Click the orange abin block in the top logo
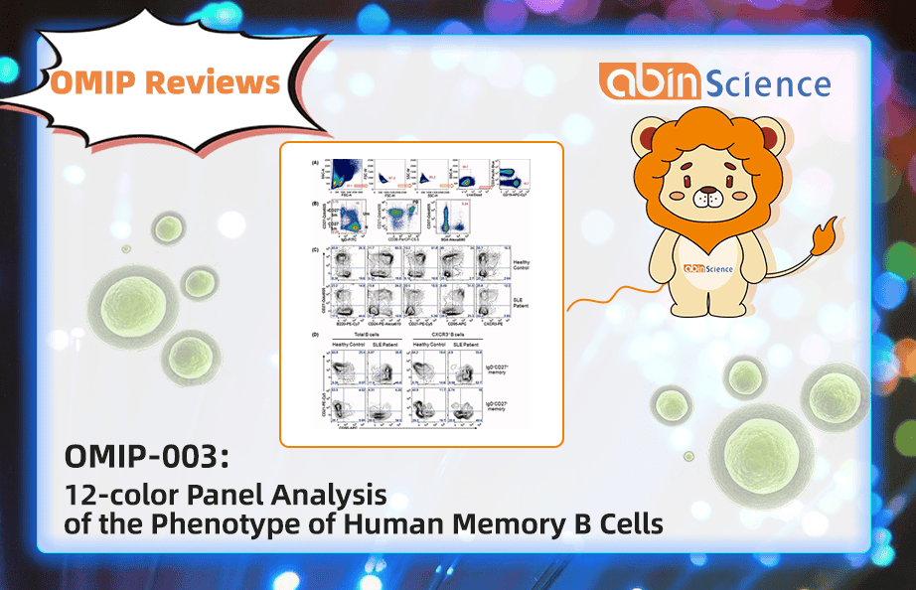(653, 81)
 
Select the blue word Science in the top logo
(772, 83)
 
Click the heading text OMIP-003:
(146, 458)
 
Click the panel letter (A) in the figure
(315, 162)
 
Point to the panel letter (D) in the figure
(315, 335)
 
